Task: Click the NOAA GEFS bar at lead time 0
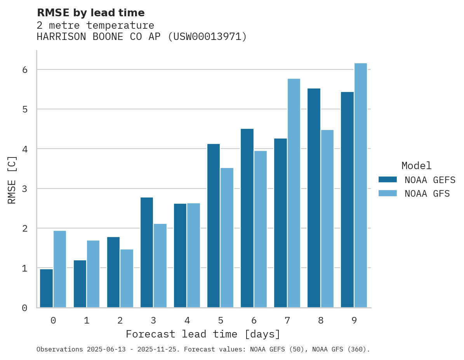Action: coord(46,288)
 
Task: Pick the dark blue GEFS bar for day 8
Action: coord(314,198)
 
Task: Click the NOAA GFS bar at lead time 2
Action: coord(127,278)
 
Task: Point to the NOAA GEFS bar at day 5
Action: coord(214,226)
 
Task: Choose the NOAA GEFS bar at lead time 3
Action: coord(147,252)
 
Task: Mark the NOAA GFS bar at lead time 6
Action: coord(261,229)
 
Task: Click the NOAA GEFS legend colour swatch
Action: coord(388,180)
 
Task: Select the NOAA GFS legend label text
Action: coord(427,194)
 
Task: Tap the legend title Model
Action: coord(416,166)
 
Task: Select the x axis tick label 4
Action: coord(187,320)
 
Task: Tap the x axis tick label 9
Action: coord(354,320)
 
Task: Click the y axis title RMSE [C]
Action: coord(12,180)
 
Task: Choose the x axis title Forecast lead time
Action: coord(203,334)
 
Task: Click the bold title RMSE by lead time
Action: coord(90,13)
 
